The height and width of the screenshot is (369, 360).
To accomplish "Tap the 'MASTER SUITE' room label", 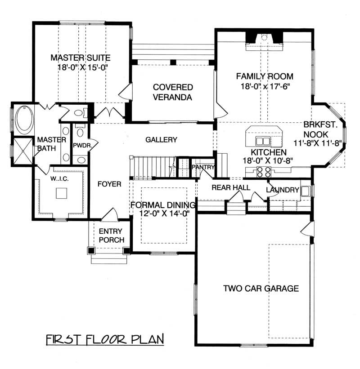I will click(81, 58).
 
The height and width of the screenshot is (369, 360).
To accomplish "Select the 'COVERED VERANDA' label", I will click(172, 92).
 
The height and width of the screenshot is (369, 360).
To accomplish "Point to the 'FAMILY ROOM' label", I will click(265, 76).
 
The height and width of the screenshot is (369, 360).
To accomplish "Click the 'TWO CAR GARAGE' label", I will click(261, 289).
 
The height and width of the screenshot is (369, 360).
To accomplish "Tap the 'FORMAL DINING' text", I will click(163, 205).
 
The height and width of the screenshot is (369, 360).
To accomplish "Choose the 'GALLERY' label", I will click(161, 140).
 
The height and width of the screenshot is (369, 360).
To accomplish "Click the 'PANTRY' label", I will click(201, 167).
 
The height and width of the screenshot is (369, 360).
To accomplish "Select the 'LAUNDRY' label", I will click(282, 190).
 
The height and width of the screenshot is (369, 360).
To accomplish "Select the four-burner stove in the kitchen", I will click(263, 171).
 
